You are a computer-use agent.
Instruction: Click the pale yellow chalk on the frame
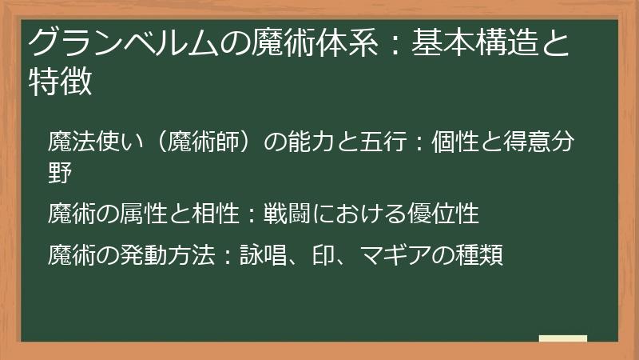(x=563, y=339)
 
